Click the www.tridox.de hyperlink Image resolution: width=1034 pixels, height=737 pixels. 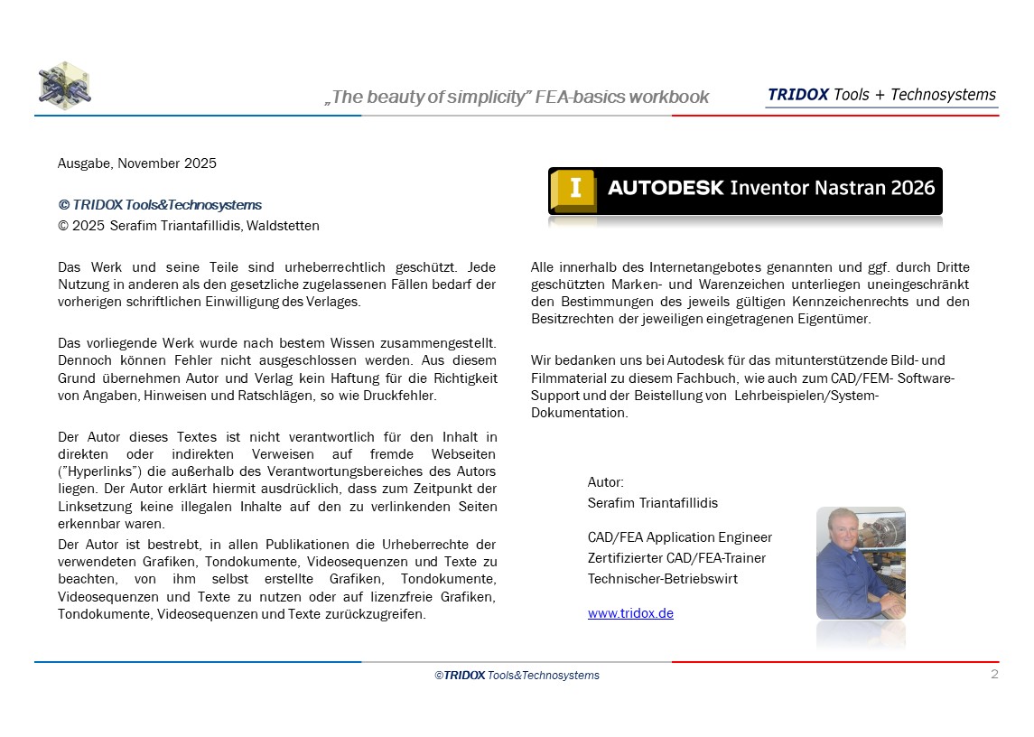[x=630, y=613]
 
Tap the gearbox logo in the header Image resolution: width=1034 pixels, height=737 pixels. [x=64, y=84]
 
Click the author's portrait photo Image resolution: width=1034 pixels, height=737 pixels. [x=861, y=563]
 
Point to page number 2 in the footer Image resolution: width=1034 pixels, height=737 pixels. [x=994, y=675]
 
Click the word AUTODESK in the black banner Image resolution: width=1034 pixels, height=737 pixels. [x=666, y=189]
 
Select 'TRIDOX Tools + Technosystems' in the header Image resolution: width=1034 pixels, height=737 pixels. [x=881, y=95]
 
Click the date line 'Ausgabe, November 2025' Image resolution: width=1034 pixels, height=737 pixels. [x=137, y=163]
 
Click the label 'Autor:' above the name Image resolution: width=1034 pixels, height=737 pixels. [x=606, y=482]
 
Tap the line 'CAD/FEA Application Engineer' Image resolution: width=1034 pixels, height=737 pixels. [x=679, y=537]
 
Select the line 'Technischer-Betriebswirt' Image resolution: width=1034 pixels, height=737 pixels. [x=662, y=578]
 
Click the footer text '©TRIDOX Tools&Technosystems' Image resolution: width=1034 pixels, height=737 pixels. [x=517, y=676]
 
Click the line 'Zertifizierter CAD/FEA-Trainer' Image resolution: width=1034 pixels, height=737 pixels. [x=676, y=558]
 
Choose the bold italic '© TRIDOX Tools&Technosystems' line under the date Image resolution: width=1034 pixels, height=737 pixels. [x=160, y=205]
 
